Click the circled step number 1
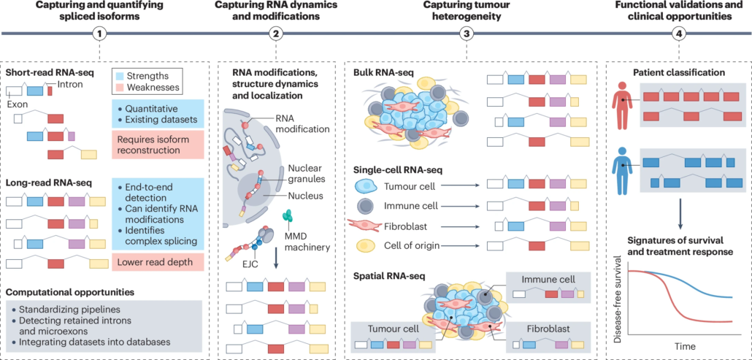(97, 34)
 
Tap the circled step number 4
(679, 34)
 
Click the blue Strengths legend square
(120, 75)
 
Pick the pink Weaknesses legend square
(120, 88)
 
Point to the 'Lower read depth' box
(156, 261)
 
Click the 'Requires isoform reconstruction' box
(157, 145)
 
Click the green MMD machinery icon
(288, 215)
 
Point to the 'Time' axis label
(684, 345)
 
